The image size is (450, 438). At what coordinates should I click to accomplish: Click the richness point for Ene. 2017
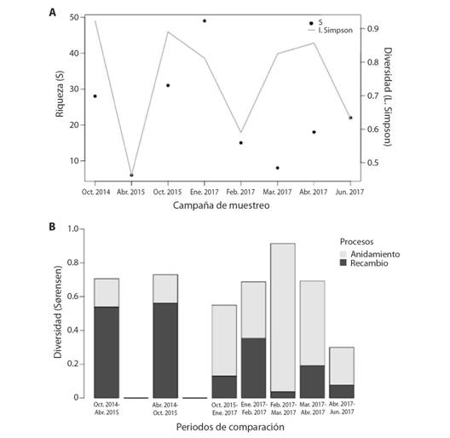tap(205, 21)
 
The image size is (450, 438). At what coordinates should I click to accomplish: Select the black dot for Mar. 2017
tap(278, 168)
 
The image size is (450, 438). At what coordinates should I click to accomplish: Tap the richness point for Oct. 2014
tap(95, 96)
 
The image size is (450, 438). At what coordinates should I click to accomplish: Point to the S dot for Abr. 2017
tap(314, 132)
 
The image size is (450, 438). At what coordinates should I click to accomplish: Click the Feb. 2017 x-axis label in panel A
tap(240, 192)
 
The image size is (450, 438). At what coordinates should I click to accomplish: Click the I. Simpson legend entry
tap(330, 30)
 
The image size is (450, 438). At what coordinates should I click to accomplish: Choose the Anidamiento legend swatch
tap(343, 254)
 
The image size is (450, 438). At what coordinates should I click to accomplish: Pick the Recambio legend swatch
tap(343, 263)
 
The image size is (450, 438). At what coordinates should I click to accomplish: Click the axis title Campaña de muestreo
tap(222, 205)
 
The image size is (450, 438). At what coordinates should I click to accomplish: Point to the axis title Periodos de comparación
tap(230, 427)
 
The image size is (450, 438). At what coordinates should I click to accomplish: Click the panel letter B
tap(52, 227)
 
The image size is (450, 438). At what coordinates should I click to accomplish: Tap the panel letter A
tap(52, 13)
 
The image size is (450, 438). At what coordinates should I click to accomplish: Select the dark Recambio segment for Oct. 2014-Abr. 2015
tap(107, 352)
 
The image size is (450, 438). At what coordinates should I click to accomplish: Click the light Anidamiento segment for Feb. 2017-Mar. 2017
tap(283, 318)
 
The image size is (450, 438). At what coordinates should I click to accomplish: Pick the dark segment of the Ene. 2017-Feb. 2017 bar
tap(253, 368)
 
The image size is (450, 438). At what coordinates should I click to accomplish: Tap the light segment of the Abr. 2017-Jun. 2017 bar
tap(342, 366)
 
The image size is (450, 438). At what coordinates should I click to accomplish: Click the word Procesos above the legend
tap(357, 242)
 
